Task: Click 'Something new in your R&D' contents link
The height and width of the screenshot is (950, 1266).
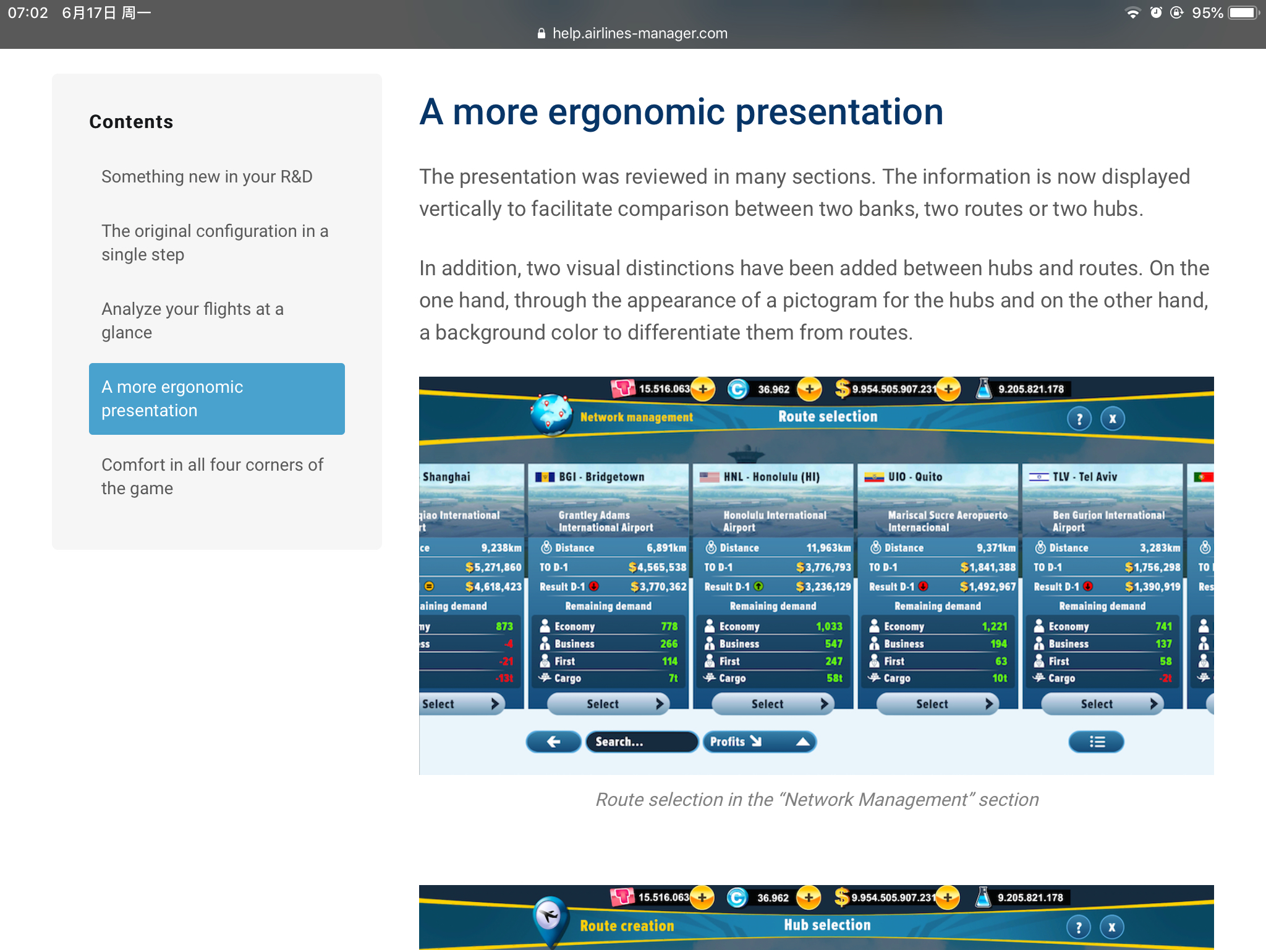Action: click(207, 177)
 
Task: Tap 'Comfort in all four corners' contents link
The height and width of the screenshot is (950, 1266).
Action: click(212, 476)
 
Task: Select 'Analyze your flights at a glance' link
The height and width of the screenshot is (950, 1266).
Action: click(192, 320)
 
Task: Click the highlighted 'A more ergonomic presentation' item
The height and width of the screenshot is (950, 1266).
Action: click(217, 399)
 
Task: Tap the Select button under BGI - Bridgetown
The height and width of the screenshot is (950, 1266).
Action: click(608, 704)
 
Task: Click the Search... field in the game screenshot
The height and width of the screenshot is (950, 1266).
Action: click(642, 742)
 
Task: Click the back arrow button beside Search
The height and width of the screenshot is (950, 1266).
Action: click(554, 742)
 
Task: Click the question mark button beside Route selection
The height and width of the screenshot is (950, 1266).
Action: click(1079, 419)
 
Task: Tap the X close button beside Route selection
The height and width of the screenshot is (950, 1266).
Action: click(1113, 419)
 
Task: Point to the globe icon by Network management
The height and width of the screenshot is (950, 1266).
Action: click(551, 414)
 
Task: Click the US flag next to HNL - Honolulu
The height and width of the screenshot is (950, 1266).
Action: click(709, 477)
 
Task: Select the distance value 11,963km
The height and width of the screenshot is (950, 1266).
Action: click(828, 548)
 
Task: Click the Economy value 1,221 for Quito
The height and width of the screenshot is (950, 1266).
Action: click(994, 627)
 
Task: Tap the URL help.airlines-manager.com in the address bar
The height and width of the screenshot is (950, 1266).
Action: click(640, 33)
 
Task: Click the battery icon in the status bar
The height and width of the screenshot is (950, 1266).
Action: click(1244, 13)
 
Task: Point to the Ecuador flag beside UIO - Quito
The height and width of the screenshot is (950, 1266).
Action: click(874, 477)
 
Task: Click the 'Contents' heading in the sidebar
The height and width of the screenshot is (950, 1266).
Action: click(131, 122)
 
